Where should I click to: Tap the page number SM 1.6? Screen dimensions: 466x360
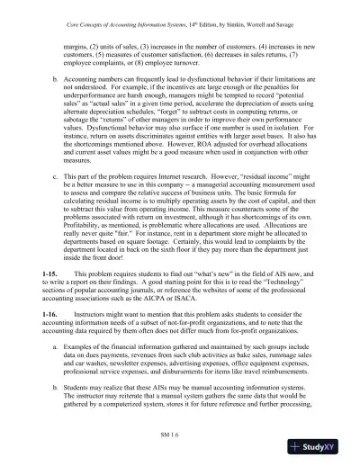click(x=179, y=433)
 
